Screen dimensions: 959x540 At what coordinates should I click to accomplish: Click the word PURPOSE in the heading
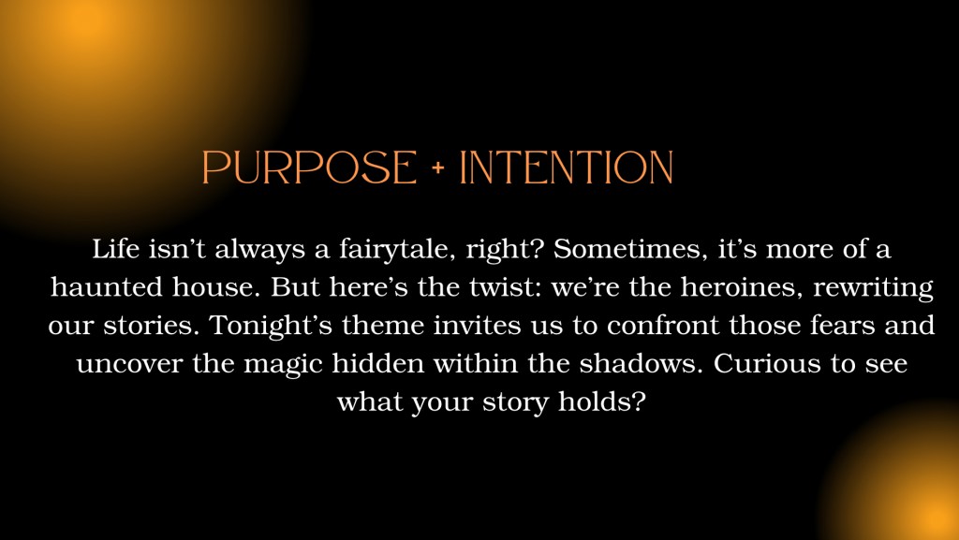point(309,167)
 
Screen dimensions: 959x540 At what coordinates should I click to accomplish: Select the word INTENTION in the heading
point(566,167)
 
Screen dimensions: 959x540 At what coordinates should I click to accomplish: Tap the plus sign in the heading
point(438,168)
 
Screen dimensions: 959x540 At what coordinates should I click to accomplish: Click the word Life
point(116,249)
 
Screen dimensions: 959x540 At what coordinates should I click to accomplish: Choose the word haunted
point(107,287)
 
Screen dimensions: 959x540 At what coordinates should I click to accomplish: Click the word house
point(216,287)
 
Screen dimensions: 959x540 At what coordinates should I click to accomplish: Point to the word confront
point(663,326)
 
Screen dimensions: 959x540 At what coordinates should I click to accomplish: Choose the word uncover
point(129,364)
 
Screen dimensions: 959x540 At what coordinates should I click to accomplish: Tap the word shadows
point(642,364)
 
